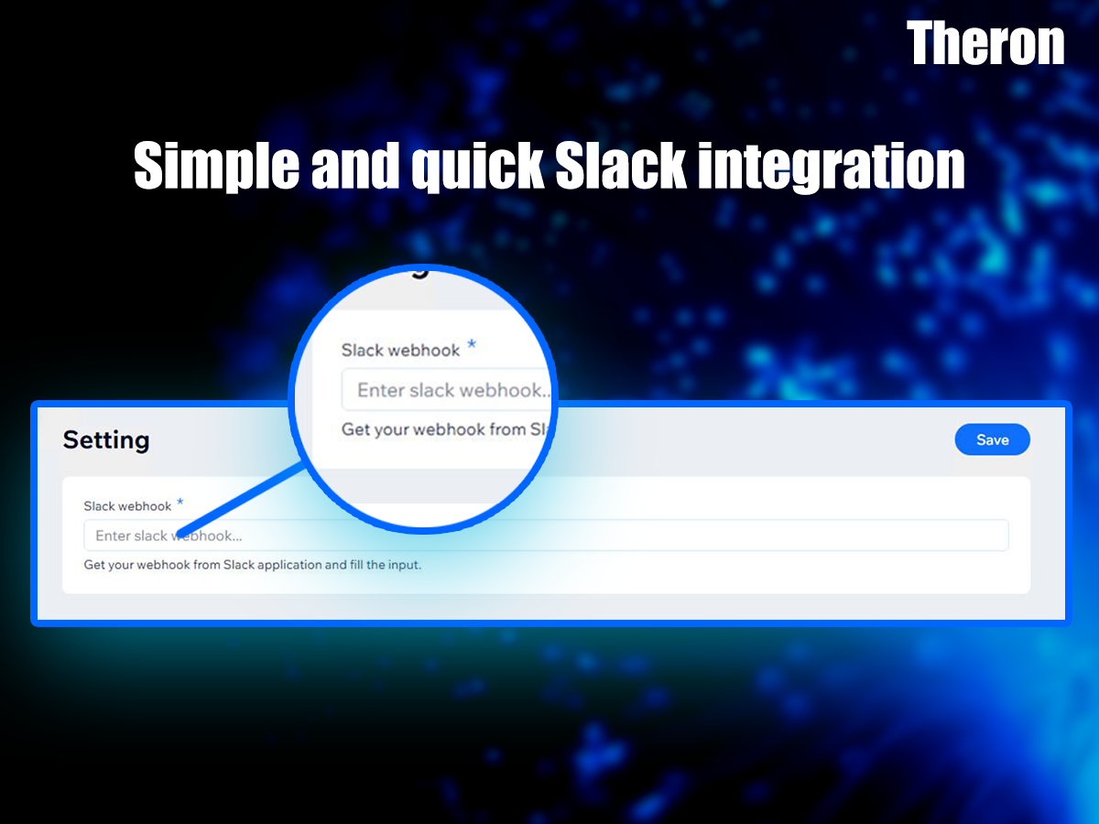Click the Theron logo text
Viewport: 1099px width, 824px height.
tap(985, 43)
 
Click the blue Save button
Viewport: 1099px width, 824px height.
tap(993, 439)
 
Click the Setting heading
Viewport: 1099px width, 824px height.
tap(106, 440)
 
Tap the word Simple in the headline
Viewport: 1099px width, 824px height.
tap(216, 166)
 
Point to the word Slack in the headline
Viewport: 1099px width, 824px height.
tap(620, 165)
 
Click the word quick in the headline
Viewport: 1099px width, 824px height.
tap(478, 166)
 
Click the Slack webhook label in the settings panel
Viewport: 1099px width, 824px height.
tap(127, 506)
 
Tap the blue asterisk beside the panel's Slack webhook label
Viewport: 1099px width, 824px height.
tap(180, 502)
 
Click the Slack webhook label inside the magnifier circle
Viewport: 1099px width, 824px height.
tap(400, 351)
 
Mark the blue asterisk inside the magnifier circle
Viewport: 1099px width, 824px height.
tap(472, 344)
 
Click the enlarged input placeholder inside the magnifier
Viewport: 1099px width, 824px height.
tap(453, 390)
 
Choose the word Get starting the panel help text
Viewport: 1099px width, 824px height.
tap(94, 565)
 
